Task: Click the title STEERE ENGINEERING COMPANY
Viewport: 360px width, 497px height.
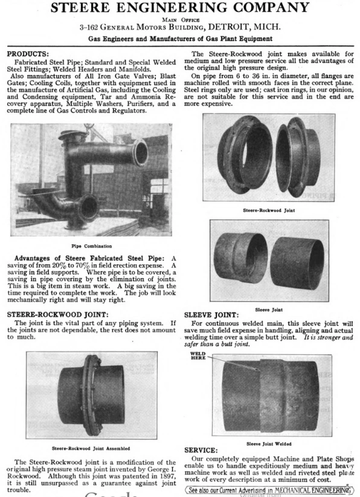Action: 179,8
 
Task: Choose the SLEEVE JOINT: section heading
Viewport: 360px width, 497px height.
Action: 211,314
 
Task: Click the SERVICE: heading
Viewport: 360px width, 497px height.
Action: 202,449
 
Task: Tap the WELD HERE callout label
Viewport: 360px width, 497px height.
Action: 198,356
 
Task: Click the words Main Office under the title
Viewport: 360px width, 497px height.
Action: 180,19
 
